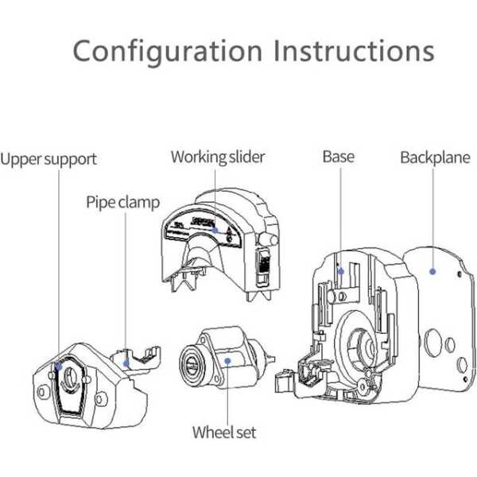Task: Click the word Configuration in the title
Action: click(x=168, y=50)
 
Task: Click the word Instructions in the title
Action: click(x=354, y=50)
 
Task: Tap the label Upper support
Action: click(x=48, y=159)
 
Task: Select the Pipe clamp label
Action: click(x=123, y=201)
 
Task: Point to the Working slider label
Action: click(x=217, y=157)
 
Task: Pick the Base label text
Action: click(x=338, y=156)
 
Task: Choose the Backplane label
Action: click(x=436, y=157)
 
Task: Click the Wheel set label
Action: click(x=224, y=432)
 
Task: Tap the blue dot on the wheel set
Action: click(x=227, y=359)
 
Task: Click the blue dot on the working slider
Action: click(x=215, y=231)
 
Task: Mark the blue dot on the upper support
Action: click(x=59, y=367)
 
